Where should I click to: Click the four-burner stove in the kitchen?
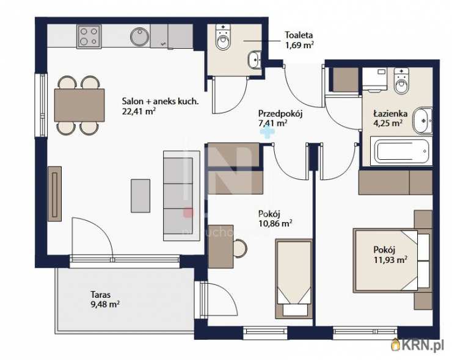coord(89,37)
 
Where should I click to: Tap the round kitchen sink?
coord(140,37)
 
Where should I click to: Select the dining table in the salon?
coord(79,105)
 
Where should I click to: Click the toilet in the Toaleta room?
coord(223,37)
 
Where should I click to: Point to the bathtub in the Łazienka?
coord(401,151)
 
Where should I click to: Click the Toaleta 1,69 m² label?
coord(299,40)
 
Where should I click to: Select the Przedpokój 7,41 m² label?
coord(280,118)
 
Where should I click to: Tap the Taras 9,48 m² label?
coord(105,300)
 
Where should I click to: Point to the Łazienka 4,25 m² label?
coord(390,118)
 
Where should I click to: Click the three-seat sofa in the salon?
coord(182,196)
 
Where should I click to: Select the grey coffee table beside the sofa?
coord(140,196)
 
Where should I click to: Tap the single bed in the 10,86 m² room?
coord(294,279)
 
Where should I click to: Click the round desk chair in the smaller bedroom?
coord(240,248)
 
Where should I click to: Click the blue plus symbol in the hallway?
coord(267,132)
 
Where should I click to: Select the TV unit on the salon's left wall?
coord(54,194)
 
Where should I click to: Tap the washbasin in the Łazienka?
coord(422,121)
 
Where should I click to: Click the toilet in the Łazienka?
coord(401,81)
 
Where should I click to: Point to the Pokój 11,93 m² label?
coord(390,255)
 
